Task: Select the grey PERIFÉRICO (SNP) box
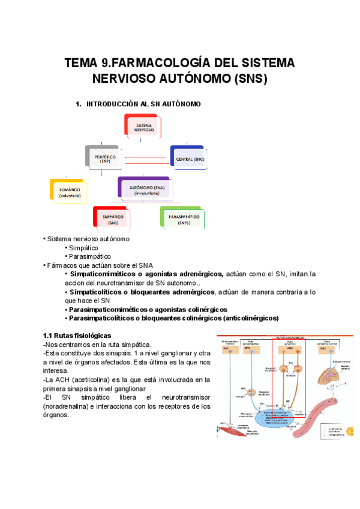click(x=106, y=159)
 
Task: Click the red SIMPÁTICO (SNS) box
click(x=113, y=220)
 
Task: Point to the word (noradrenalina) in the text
click(x=65, y=406)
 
